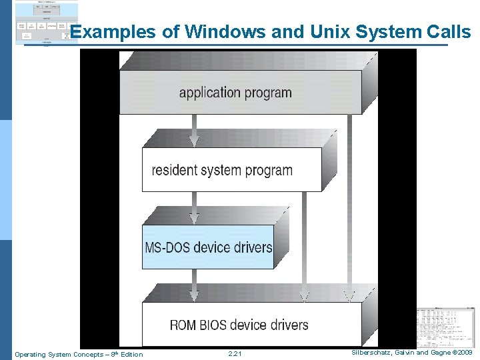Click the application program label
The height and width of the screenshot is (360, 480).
click(x=235, y=92)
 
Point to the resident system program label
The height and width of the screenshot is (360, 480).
click(x=222, y=170)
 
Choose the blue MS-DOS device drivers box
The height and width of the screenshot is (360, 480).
click(x=208, y=247)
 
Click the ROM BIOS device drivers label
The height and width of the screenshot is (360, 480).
click(x=239, y=325)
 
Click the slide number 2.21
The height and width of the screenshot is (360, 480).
click(x=235, y=354)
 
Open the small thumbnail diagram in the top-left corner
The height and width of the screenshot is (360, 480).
click(x=46, y=22)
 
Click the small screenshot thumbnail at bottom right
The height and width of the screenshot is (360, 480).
click(x=445, y=326)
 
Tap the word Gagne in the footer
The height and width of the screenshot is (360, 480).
click(x=437, y=351)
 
